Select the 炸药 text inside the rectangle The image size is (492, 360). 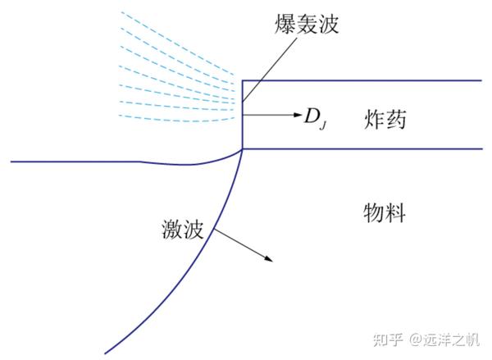coord(385,119)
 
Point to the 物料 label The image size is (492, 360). coord(385,213)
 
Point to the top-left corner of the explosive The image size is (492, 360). coord(242,80)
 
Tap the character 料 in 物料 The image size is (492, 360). coord(396,213)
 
